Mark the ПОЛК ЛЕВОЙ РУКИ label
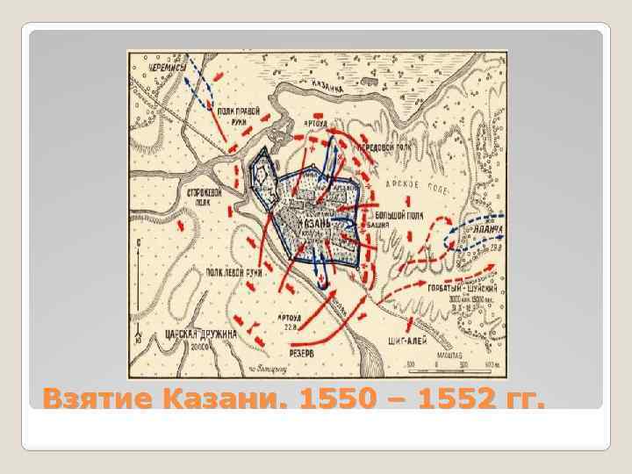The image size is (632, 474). point(234,273)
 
